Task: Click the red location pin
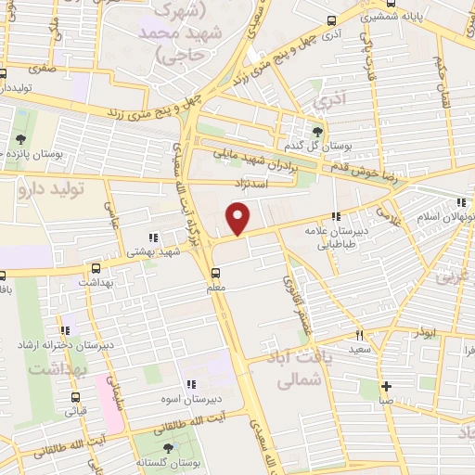click(x=239, y=219)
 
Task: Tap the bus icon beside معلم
click(x=215, y=273)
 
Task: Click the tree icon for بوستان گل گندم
click(x=318, y=131)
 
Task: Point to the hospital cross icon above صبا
click(x=386, y=386)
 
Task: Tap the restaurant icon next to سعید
click(x=359, y=336)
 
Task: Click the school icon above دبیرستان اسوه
click(x=190, y=384)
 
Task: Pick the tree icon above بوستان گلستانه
click(x=168, y=448)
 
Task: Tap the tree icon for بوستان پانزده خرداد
click(x=19, y=140)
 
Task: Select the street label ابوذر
click(x=425, y=331)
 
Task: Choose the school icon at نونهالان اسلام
click(x=461, y=203)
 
